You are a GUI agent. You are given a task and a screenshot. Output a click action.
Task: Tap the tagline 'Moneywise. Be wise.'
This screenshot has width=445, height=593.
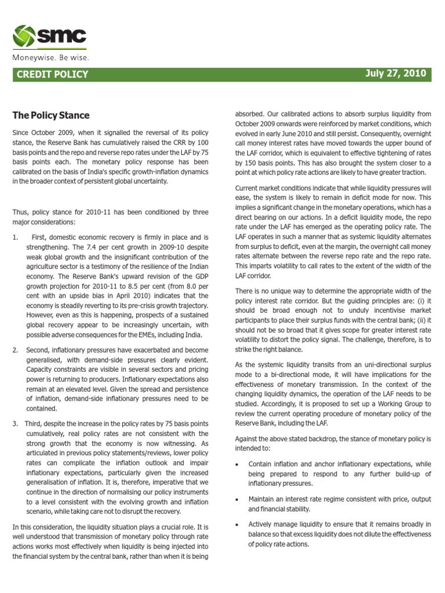click(x=52, y=58)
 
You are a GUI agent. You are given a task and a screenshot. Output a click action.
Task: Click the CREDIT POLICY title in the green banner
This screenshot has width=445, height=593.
click(x=53, y=74)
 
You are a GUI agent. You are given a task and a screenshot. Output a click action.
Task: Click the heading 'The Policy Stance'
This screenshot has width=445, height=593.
click(x=51, y=115)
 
